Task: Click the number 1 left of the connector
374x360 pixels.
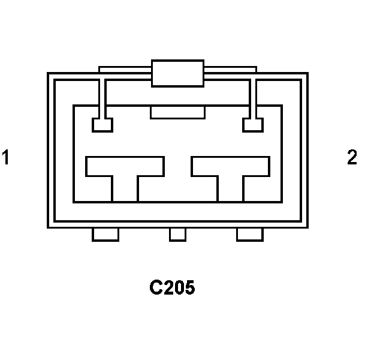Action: point(5,158)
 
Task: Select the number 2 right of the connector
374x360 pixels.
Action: point(352,158)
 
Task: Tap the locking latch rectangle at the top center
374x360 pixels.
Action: point(177,73)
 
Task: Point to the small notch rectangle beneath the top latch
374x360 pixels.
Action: point(177,112)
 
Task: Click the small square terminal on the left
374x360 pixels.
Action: point(102,125)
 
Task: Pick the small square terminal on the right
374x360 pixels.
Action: point(253,125)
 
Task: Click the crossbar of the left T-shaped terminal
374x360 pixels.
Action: point(125,166)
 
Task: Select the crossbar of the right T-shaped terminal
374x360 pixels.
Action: point(230,166)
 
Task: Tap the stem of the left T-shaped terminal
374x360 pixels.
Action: point(125,189)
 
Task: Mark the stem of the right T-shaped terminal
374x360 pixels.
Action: point(231,189)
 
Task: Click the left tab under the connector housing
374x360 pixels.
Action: point(105,235)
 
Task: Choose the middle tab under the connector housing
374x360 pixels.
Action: point(177,235)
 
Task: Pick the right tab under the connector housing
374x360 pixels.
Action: point(250,235)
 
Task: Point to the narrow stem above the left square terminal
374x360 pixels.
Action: point(102,99)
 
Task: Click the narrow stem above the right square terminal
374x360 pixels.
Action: point(253,99)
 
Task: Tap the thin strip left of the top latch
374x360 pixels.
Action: point(125,70)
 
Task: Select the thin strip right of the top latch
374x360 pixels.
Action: point(230,70)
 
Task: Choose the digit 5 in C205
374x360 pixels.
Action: point(189,289)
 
